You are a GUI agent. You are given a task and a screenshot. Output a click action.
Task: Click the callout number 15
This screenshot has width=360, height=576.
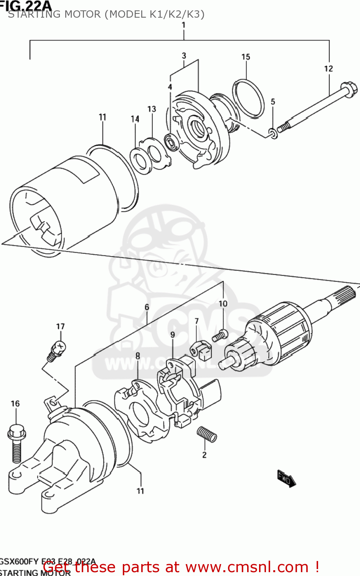[246, 57]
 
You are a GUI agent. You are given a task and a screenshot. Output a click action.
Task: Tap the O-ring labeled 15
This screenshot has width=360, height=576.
[248, 98]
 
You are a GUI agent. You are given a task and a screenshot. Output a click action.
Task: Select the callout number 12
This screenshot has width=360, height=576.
[329, 68]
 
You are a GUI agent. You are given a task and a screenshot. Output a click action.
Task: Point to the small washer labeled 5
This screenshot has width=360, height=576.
[273, 133]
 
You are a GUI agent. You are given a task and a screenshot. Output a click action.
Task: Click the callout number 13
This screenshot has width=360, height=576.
[152, 109]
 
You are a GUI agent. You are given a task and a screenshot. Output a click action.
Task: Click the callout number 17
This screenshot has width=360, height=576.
[60, 326]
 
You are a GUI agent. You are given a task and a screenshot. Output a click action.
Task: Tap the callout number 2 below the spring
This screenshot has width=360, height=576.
[204, 455]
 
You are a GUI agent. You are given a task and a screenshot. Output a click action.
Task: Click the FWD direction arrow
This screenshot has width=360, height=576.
[286, 478]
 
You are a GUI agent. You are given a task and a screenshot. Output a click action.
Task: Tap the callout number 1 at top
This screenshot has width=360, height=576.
[183, 25]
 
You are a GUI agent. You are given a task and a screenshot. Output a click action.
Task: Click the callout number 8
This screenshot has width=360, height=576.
[137, 356]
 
